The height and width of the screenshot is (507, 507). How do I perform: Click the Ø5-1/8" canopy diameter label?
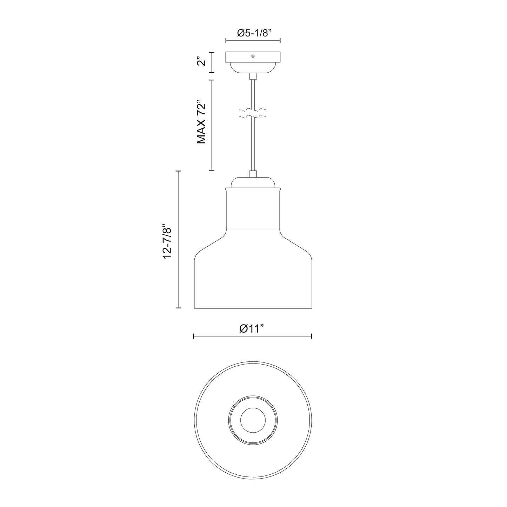tap(253, 33)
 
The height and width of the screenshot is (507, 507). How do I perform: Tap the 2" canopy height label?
tap(201, 62)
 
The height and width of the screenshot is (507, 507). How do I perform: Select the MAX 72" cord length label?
tap(201, 124)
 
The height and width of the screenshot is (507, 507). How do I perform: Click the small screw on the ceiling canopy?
tap(253, 56)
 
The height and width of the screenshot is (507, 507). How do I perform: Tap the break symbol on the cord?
tap(253, 113)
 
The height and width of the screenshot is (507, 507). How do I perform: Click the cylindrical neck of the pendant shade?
tap(253, 209)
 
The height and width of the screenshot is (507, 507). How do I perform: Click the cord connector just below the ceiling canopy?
tap(253, 76)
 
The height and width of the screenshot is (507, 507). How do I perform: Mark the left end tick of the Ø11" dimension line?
tap(194, 336)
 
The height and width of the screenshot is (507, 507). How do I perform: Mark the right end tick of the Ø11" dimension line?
tap(312, 336)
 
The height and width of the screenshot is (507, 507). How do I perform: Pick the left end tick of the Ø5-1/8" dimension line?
tap(226, 41)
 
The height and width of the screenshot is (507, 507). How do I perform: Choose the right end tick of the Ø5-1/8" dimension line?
tap(280, 41)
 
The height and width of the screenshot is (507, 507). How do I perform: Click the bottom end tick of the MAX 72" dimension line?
tap(212, 170)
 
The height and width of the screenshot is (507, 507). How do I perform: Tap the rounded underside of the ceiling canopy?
tap(253, 68)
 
